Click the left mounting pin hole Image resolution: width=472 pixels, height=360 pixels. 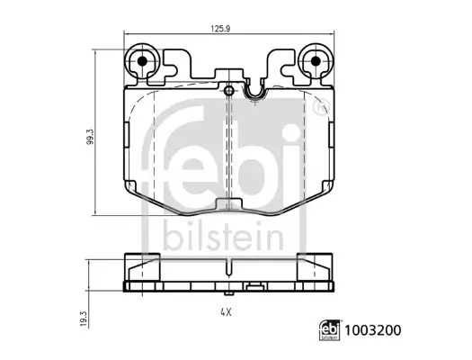coord(142,63)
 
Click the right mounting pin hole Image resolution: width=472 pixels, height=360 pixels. coord(316,63)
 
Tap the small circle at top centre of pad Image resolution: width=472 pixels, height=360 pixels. coord(229,91)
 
